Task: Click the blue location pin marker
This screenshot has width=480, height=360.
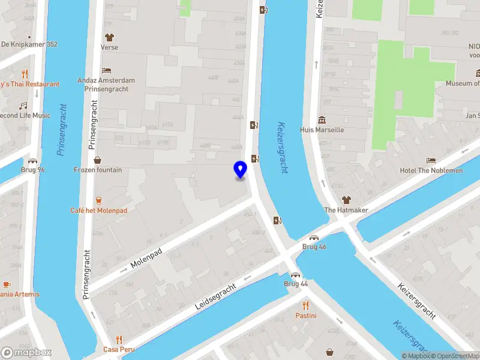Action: (241, 170)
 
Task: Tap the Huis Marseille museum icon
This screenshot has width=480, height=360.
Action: (322, 119)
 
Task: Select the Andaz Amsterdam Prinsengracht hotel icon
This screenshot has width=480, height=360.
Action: (106, 70)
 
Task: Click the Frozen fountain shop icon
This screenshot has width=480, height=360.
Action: (98, 160)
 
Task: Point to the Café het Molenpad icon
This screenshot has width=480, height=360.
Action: (98, 200)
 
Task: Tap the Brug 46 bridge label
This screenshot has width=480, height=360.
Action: (314, 247)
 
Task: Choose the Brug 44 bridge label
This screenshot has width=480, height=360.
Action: (296, 283)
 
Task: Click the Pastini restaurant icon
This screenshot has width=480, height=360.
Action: (305, 305)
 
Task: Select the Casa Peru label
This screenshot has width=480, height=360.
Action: (119, 349)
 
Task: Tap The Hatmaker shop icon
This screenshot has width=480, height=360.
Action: (346, 200)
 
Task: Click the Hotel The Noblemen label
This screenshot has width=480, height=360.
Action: (431, 170)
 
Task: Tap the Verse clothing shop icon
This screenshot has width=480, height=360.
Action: (109, 37)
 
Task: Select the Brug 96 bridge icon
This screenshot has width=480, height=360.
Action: (32, 161)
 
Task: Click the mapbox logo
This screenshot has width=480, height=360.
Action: (26, 352)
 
